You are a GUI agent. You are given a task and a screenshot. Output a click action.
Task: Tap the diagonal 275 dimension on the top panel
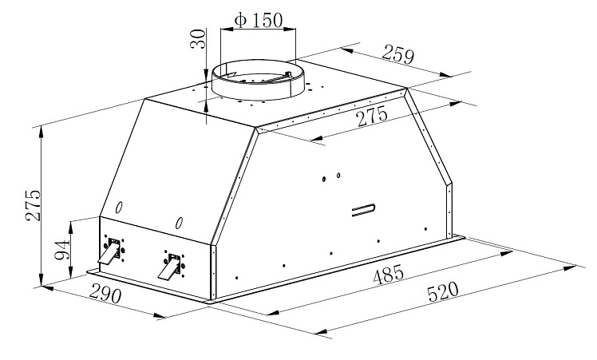tap(371, 117)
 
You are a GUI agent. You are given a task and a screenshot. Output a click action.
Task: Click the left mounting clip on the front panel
tap(110, 251)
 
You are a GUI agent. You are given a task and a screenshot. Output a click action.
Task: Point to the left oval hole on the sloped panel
tap(118, 208)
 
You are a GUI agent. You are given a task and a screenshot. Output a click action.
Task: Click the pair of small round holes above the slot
tap(332, 177)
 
